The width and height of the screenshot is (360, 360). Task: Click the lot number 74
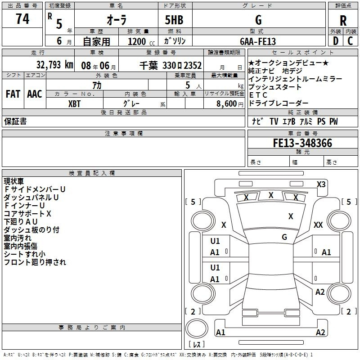coord(22,19)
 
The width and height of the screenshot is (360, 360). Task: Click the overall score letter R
coord(343,21)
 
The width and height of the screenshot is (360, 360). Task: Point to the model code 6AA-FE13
coord(258,41)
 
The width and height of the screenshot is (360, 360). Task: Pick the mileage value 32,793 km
coord(55,65)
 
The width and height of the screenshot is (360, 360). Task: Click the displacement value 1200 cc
coord(137,41)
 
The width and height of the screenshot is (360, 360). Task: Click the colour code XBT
coord(75,103)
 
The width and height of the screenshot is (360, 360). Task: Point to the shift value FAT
coord(13,94)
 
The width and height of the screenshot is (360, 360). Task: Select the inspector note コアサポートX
coord(27,213)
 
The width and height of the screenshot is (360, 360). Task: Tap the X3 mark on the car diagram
coord(321,184)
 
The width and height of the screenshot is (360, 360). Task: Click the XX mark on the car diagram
coord(318,225)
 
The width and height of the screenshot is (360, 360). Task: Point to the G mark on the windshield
coord(284,237)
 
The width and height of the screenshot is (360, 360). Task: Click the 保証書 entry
coord(15,121)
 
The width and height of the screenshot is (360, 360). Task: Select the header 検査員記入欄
coord(92,173)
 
